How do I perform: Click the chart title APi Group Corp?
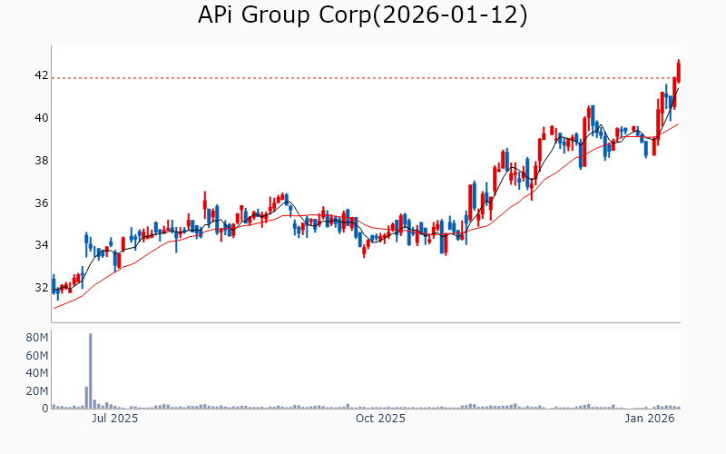click(x=277, y=15)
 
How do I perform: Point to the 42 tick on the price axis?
click(x=41, y=75)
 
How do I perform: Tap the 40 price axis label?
click(x=41, y=118)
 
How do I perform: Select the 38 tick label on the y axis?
click(x=41, y=161)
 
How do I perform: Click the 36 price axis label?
click(x=41, y=203)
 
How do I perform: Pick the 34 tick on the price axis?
click(x=41, y=245)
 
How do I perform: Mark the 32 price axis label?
click(x=41, y=288)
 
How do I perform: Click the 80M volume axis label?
click(x=36, y=338)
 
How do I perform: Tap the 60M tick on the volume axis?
click(x=36, y=355)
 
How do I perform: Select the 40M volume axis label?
click(x=36, y=373)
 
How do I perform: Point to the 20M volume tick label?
click(x=36, y=391)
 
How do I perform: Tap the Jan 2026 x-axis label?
click(x=649, y=419)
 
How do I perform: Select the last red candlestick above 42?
click(x=679, y=69)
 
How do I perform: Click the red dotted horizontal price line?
click(x=363, y=78)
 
